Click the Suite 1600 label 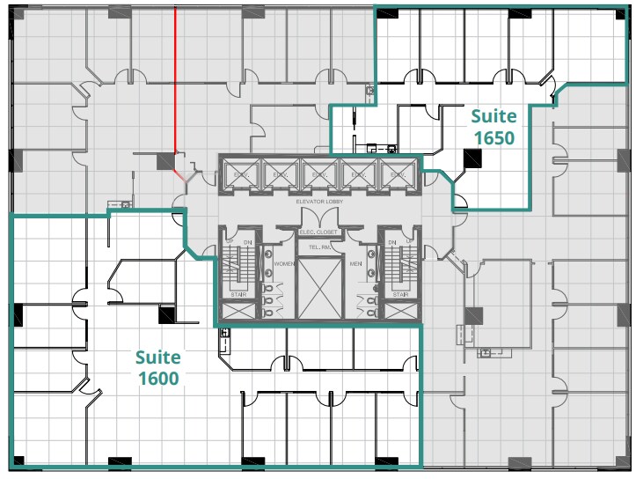pos(158,368)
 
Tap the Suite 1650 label pos(493,127)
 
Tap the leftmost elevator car pos(239,175)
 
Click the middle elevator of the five pos(318,175)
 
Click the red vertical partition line pos(174,79)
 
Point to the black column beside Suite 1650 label pos(473,158)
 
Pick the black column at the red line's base pos(164,161)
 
